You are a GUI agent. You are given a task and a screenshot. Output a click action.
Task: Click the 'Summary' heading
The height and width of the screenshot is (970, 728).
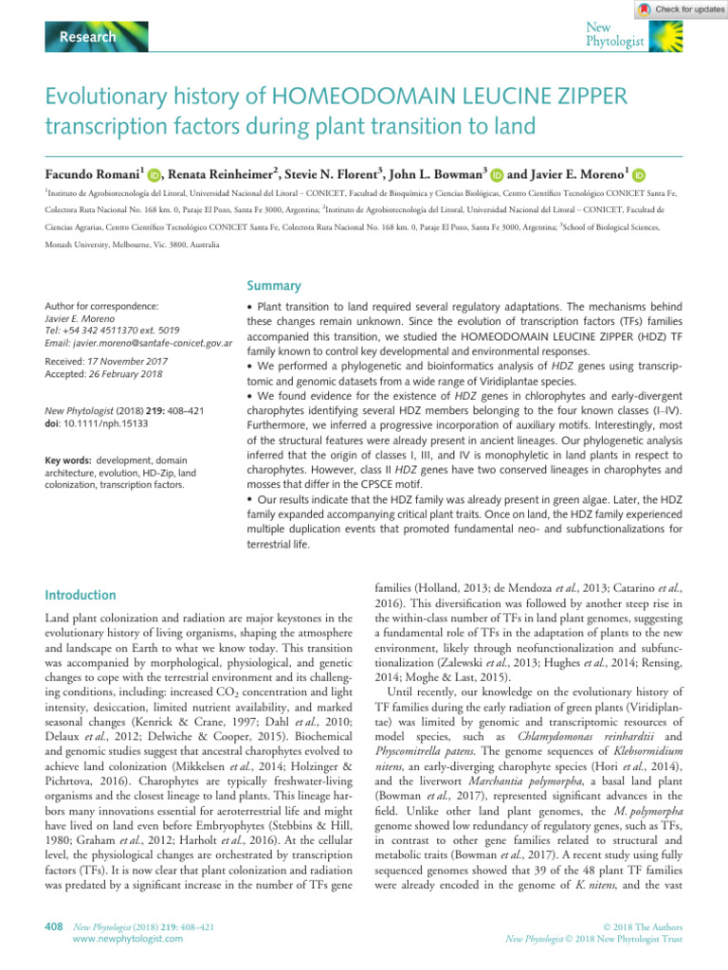[x=275, y=284]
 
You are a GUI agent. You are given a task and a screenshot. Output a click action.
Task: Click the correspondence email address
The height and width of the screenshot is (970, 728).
[x=139, y=341]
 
